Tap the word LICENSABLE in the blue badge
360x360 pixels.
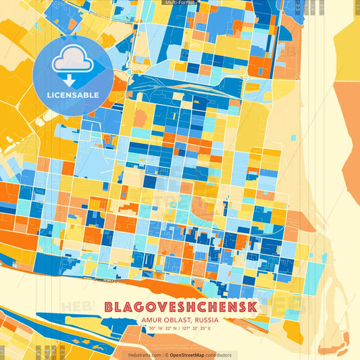72,95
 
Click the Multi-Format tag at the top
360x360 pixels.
180,3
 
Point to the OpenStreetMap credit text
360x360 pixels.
187,355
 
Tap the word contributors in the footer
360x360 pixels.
220,355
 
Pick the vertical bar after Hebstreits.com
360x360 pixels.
161,355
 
